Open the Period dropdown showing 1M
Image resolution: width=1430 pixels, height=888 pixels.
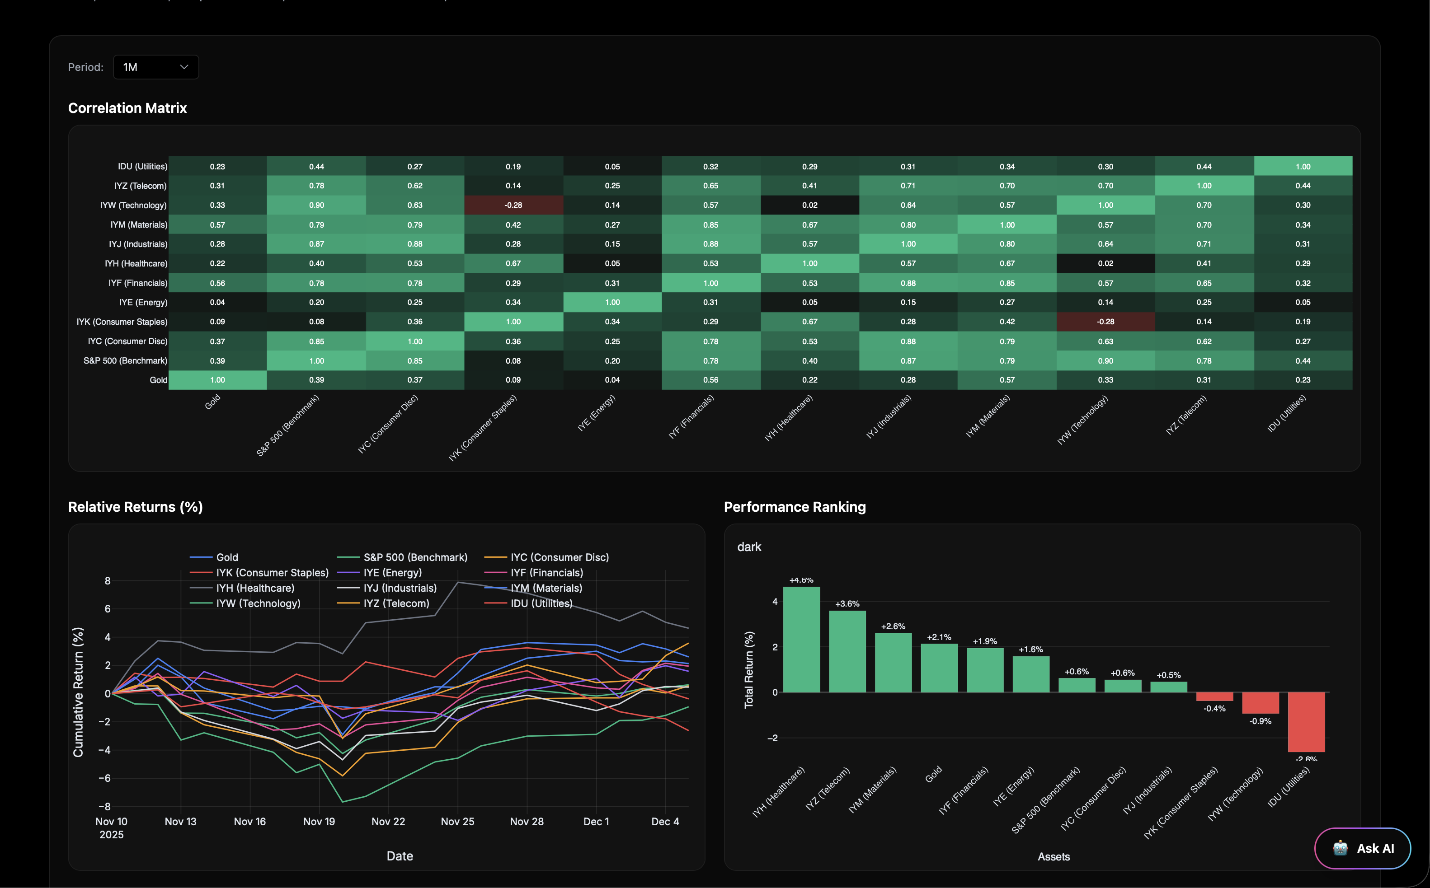[155, 67]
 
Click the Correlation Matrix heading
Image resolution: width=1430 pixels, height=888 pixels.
[127, 108]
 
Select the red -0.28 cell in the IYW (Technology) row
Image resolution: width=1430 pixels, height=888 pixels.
[513, 205]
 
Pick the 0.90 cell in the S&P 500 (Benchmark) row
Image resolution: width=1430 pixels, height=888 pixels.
[1105, 360]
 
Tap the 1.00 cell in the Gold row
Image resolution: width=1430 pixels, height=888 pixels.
[217, 380]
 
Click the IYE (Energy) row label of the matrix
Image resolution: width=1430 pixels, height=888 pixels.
[143, 303]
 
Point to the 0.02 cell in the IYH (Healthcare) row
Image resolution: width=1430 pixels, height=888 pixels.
[1105, 263]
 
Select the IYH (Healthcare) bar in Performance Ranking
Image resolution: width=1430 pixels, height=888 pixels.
[801, 640]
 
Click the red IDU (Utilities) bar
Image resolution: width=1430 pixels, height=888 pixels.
[1306, 722]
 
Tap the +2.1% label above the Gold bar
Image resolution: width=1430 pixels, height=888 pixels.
[939, 637]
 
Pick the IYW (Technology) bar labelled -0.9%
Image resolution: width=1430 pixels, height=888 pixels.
[1260, 703]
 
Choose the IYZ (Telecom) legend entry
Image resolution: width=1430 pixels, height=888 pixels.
[396, 603]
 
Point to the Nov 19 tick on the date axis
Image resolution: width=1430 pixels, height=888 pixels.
[319, 822]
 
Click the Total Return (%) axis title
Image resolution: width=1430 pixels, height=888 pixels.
[748, 669]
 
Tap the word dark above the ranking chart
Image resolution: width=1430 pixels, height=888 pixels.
[749, 547]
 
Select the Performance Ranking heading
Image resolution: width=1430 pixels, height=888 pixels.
[794, 507]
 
